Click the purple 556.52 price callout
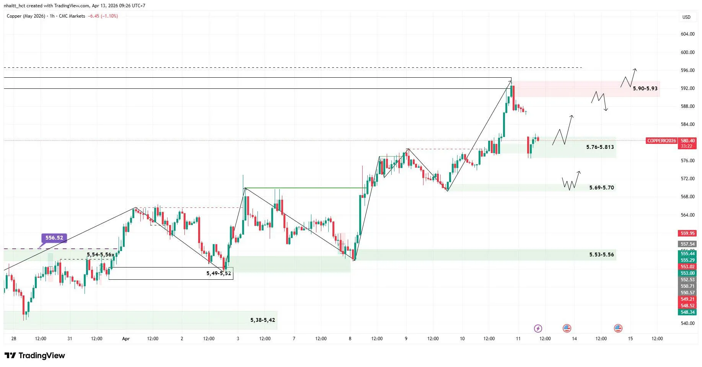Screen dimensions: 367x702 click(54, 238)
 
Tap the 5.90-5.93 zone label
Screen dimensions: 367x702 click(645, 88)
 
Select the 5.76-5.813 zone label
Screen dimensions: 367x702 click(600, 147)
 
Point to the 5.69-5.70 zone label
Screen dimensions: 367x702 click(601, 188)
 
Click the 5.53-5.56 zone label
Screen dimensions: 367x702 click(601, 254)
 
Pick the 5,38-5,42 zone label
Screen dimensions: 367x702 click(262, 320)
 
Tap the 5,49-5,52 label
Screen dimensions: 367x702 click(218, 273)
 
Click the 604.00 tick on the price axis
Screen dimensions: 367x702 click(687, 34)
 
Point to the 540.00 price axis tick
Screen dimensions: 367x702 click(687, 323)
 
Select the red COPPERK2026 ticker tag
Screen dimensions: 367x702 click(661, 141)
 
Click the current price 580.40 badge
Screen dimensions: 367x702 click(687, 141)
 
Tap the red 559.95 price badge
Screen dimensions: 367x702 click(687, 233)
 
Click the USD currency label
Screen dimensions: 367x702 click(686, 17)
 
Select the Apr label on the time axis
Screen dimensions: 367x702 click(126, 339)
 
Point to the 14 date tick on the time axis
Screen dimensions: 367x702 click(574, 339)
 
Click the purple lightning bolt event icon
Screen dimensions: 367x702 click(538, 328)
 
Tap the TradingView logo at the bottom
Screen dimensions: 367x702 click(35, 356)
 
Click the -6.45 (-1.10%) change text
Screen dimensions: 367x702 click(103, 16)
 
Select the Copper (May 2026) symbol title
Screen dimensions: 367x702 click(26, 16)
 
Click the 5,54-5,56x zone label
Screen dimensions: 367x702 click(100, 254)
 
